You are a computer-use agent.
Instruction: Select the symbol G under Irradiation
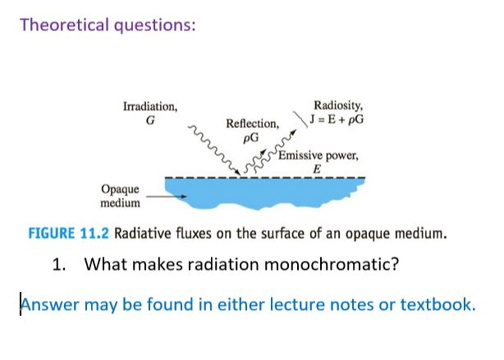149,120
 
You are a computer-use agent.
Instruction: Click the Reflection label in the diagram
252,123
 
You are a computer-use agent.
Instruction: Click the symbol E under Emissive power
316,170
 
